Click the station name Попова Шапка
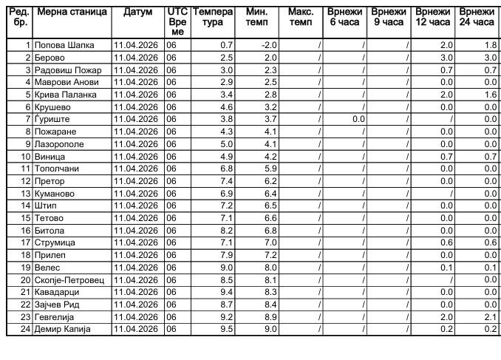click(x=64, y=45)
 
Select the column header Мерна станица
click(x=72, y=13)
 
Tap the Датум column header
click(x=137, y=13)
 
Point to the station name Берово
click(x=50, y=58)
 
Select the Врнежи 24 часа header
click(x=477, y=17)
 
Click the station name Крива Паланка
click(x=65, y=95)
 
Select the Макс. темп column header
click(x=301, y=17)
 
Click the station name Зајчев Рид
click(x=59, y=304)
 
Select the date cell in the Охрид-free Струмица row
click(x=137, y=242)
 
